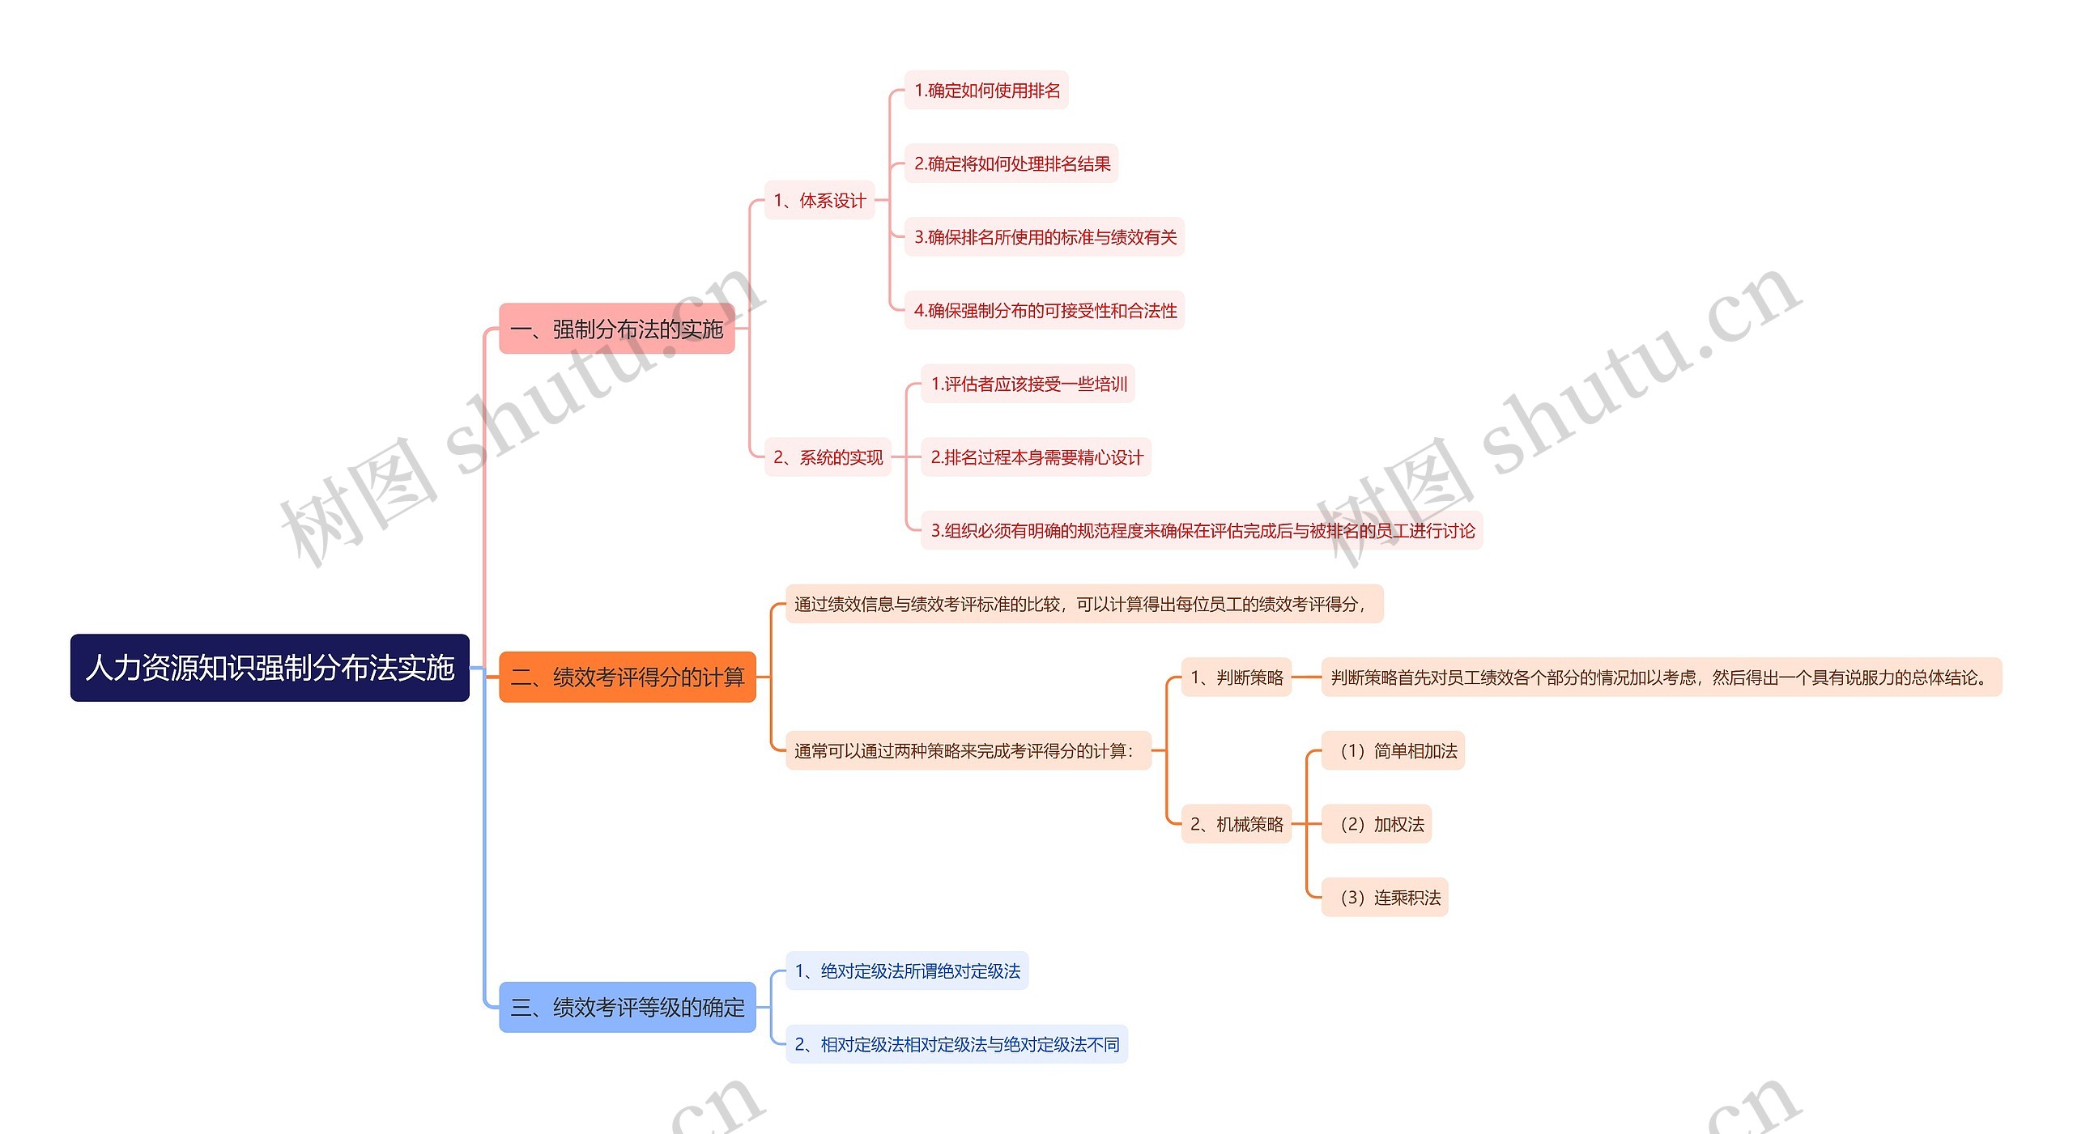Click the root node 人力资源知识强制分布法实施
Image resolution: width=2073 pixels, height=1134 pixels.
(270, 668)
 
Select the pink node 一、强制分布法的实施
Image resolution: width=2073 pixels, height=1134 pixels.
(616, 329)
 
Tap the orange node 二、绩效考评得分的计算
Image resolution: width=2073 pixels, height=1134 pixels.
(627, 677)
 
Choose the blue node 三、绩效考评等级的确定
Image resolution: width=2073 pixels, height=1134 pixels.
(627, 1007)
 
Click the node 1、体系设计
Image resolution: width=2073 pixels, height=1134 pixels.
(819, 200)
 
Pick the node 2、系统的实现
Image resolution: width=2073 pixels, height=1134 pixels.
(827, 457)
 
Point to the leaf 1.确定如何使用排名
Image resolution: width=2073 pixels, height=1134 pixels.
(986, 90)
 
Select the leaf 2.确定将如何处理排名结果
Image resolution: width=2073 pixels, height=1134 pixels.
(1011, 164)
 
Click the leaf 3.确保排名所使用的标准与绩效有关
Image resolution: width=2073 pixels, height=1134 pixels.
(1045, 237)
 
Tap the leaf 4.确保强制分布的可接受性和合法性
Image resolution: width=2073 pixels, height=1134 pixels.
(1045, 310)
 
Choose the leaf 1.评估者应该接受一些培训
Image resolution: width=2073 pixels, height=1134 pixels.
(1028, 384)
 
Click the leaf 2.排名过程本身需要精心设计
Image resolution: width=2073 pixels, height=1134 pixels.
(1036, 457)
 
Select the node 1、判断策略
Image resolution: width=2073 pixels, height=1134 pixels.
(1237, 677)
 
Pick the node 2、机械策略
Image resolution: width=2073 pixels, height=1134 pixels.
(1237, 824)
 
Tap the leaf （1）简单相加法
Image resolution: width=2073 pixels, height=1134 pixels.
(1393, 750)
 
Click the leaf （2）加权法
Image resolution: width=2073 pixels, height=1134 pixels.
(1377, 824)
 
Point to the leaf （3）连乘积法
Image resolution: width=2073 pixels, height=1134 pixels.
(1385, 898)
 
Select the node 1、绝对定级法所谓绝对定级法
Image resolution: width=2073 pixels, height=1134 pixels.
(907, 970)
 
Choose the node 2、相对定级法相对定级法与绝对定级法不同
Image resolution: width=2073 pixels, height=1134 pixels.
(956, 1044)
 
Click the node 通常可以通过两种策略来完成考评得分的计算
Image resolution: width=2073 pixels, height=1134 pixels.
(968, 750)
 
